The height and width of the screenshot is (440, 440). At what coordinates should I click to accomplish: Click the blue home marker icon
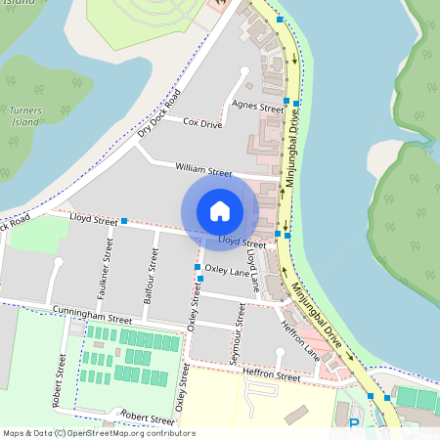click(x=220, y=210)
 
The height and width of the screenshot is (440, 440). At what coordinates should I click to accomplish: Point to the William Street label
click(x=203, y=169)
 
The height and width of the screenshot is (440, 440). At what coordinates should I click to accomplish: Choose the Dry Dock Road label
click(x=160, y=114)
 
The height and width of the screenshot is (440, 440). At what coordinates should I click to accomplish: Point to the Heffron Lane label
click(x=300, y=333)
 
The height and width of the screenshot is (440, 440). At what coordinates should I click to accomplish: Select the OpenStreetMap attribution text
click(x=98, y=433)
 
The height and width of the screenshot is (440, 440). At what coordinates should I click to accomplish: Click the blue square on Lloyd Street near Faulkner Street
click(x=124, y=222)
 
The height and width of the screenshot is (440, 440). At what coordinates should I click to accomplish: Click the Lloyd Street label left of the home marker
click(x=95, y=222)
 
